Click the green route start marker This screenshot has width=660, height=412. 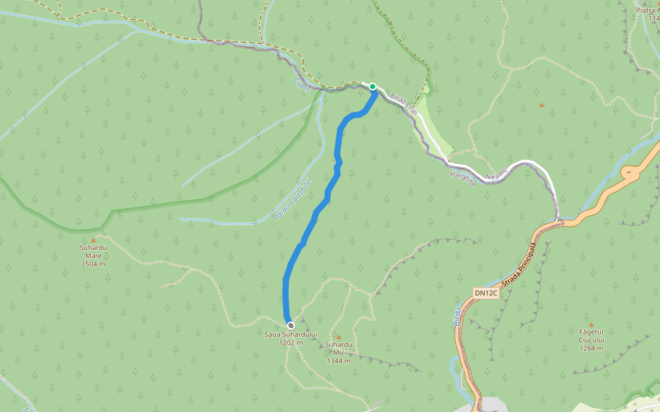[373, 87]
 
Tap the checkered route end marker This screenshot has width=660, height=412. [291, 325]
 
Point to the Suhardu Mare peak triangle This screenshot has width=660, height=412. [93, 240]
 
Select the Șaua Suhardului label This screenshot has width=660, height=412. [291, 334]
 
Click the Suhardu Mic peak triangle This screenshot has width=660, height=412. [338, 336]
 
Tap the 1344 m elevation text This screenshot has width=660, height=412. [339, 360]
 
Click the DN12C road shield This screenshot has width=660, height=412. [485, 293]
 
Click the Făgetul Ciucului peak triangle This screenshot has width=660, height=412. [591, 324]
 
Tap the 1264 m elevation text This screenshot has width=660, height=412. [591, 348]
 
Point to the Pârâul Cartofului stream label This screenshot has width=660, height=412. [293, 198]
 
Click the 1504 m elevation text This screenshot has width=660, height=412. [93, 264]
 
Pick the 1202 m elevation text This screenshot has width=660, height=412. [291, 342]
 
